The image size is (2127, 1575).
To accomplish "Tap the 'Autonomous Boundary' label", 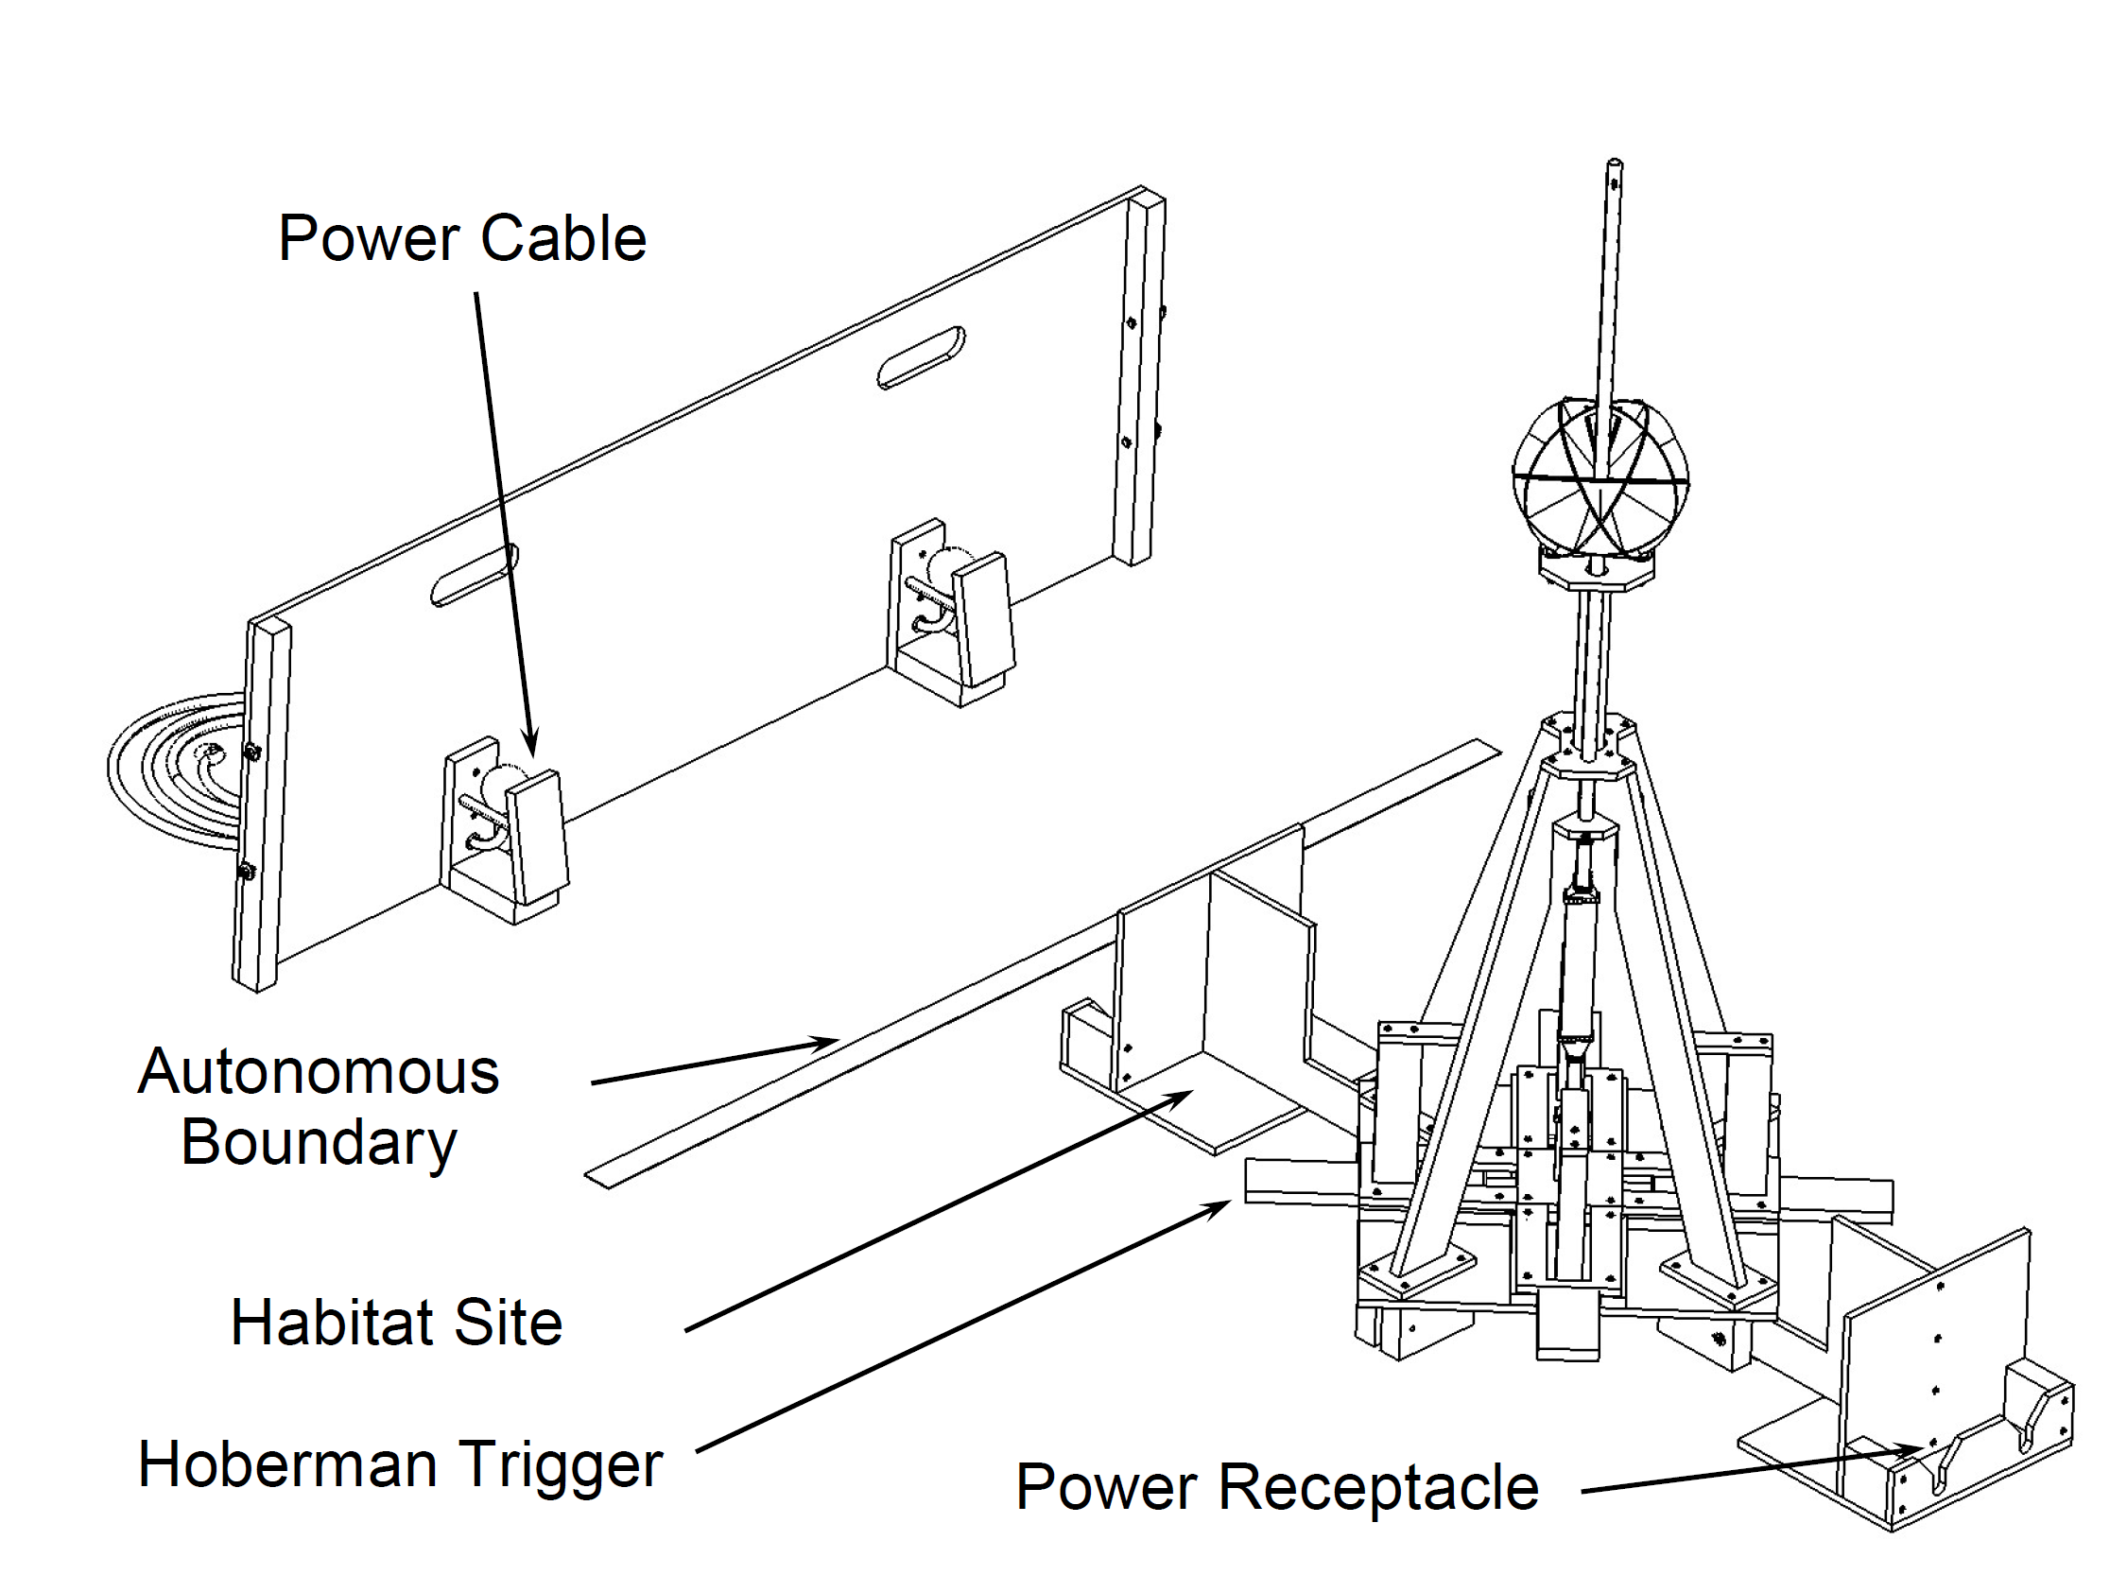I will [x=319, y=1106].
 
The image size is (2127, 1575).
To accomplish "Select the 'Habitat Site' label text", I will [x=397, y=1323].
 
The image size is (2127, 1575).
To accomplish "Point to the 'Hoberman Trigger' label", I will [x=400, y=1464].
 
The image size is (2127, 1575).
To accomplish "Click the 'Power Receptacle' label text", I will [x=1276, y=1486].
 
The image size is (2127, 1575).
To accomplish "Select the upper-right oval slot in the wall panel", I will [x=921, y=357].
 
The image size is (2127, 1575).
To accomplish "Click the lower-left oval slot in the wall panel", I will [x=474, y=575].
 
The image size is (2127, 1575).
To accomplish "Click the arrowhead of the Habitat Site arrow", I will [x=1185, y=1095].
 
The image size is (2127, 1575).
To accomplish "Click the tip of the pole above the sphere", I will [x=1614, y=164].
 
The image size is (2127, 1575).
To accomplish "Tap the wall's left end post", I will [x=261, y=805].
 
